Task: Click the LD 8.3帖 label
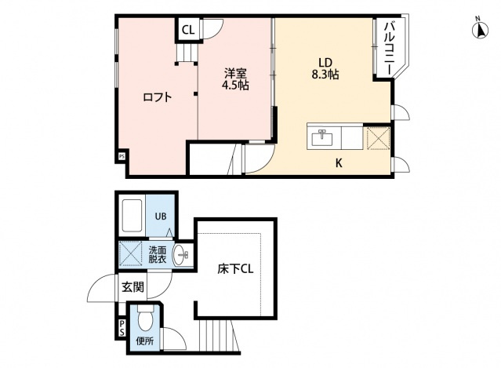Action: click(325, 68)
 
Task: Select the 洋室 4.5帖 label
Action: click(234, 79)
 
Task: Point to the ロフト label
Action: click(157, 97)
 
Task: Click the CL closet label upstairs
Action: click(188, 31)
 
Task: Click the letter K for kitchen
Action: click(339, 163)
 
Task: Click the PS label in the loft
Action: click(122, 157)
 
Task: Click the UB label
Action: click(160, 217)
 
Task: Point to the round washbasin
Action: click(181, 254)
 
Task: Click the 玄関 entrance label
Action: click(133, 287)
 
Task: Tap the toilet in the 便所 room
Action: click(145, 319)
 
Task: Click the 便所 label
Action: click(145, 341)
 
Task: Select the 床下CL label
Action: click(234, 270)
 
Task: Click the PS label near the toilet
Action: click(122, 328)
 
